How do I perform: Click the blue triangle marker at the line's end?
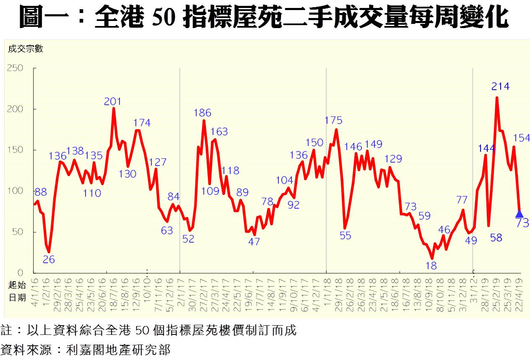point(519,213)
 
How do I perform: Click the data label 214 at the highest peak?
point(500,87)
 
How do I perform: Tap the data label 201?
point(113,101)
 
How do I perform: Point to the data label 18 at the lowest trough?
point(431,265)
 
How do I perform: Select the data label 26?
point(49,259)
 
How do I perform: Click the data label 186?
point(203,113)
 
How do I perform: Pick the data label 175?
point(334,121)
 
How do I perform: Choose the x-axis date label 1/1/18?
point(327,292)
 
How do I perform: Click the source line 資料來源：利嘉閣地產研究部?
point(86,350)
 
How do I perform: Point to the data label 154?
point(522,138)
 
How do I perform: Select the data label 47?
point(254,241)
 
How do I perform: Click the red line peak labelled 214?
point(497,98)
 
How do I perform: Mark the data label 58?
point(496,238)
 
